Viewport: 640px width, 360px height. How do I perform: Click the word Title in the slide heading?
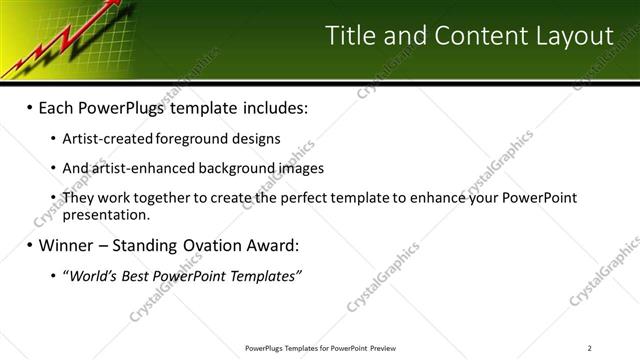click(350, 37)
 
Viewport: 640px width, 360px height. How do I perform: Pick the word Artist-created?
click(106, 138)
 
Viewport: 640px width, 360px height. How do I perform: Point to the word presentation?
click(105, 213)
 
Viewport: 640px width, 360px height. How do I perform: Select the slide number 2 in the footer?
click(591, 348)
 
